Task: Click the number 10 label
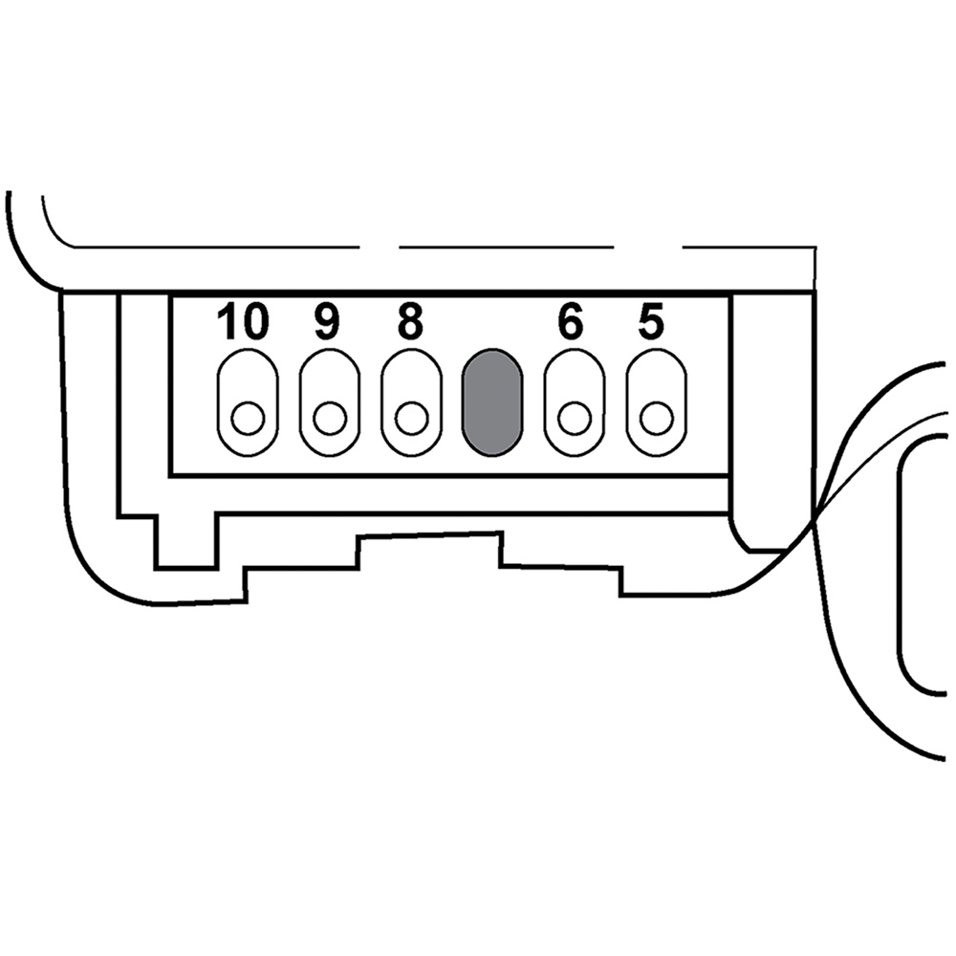tap(243, 321)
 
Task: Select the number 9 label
tap(327, 321)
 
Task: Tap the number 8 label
tap(410, 321)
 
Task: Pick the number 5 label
tap(651, 321)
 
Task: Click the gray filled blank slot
tap(492, 402)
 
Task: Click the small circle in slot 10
tap(248, 419)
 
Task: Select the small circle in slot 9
tap(330, 419)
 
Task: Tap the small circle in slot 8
tap(411, 419)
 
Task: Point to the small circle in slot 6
tap(575, 419)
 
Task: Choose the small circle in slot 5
tap(657, 419)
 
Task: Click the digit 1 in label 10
tap(228, 321)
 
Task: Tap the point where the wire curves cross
tap(815, 519)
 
